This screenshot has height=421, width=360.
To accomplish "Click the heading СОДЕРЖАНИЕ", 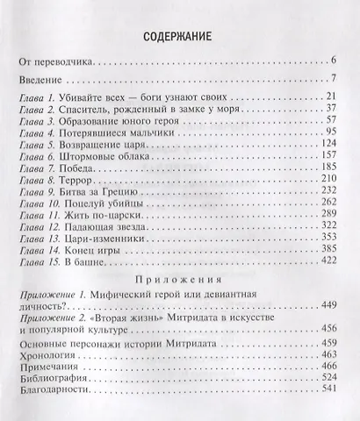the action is tap(179, 39).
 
